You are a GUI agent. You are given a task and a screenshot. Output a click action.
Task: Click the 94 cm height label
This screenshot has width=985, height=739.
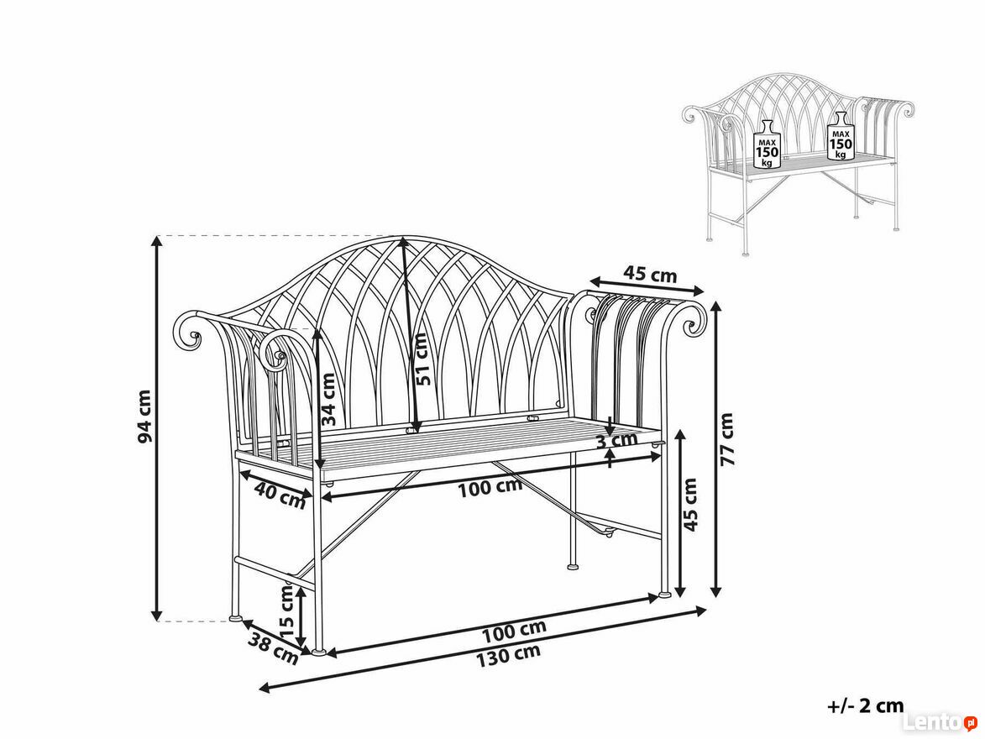pos(144,416)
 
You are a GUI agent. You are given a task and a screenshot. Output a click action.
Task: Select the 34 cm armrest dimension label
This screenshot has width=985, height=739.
pos(327,401)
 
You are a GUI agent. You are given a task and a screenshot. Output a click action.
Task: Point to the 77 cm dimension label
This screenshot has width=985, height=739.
pos(726,438)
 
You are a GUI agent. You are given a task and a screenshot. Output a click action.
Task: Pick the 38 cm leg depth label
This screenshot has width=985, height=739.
pos(273,648)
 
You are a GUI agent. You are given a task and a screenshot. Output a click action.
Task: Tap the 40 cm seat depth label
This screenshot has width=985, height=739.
pos(280,494)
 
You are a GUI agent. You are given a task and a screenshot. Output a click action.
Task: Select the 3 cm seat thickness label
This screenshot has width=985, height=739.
pos(616,440)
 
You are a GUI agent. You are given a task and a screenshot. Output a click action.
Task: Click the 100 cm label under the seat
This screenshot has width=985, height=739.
pos(490,488)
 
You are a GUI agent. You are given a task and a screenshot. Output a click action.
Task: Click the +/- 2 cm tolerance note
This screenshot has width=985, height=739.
pos(866,705)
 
